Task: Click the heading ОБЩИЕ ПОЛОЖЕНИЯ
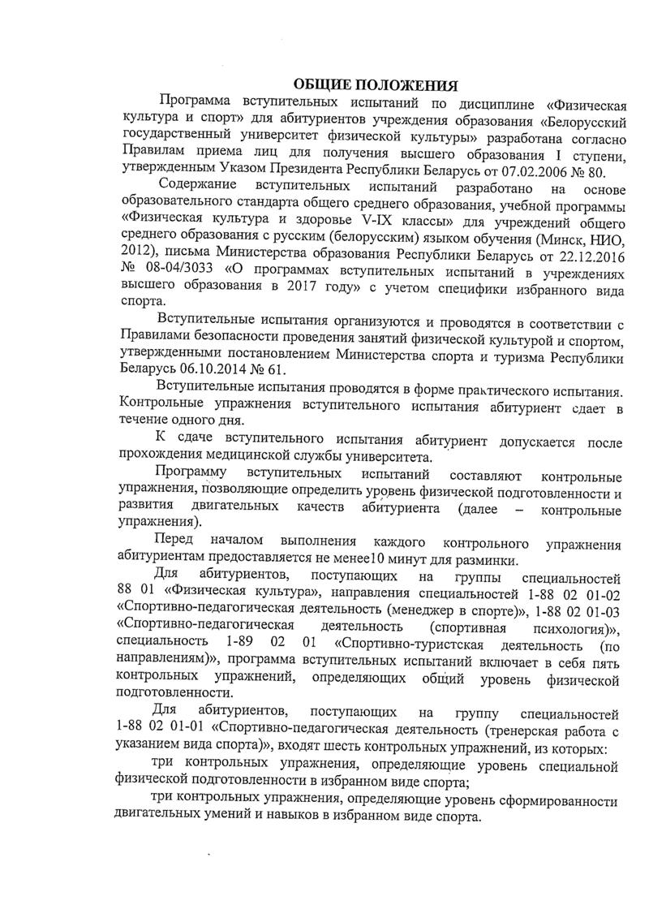pyautogui.click(x=375, y=84)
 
